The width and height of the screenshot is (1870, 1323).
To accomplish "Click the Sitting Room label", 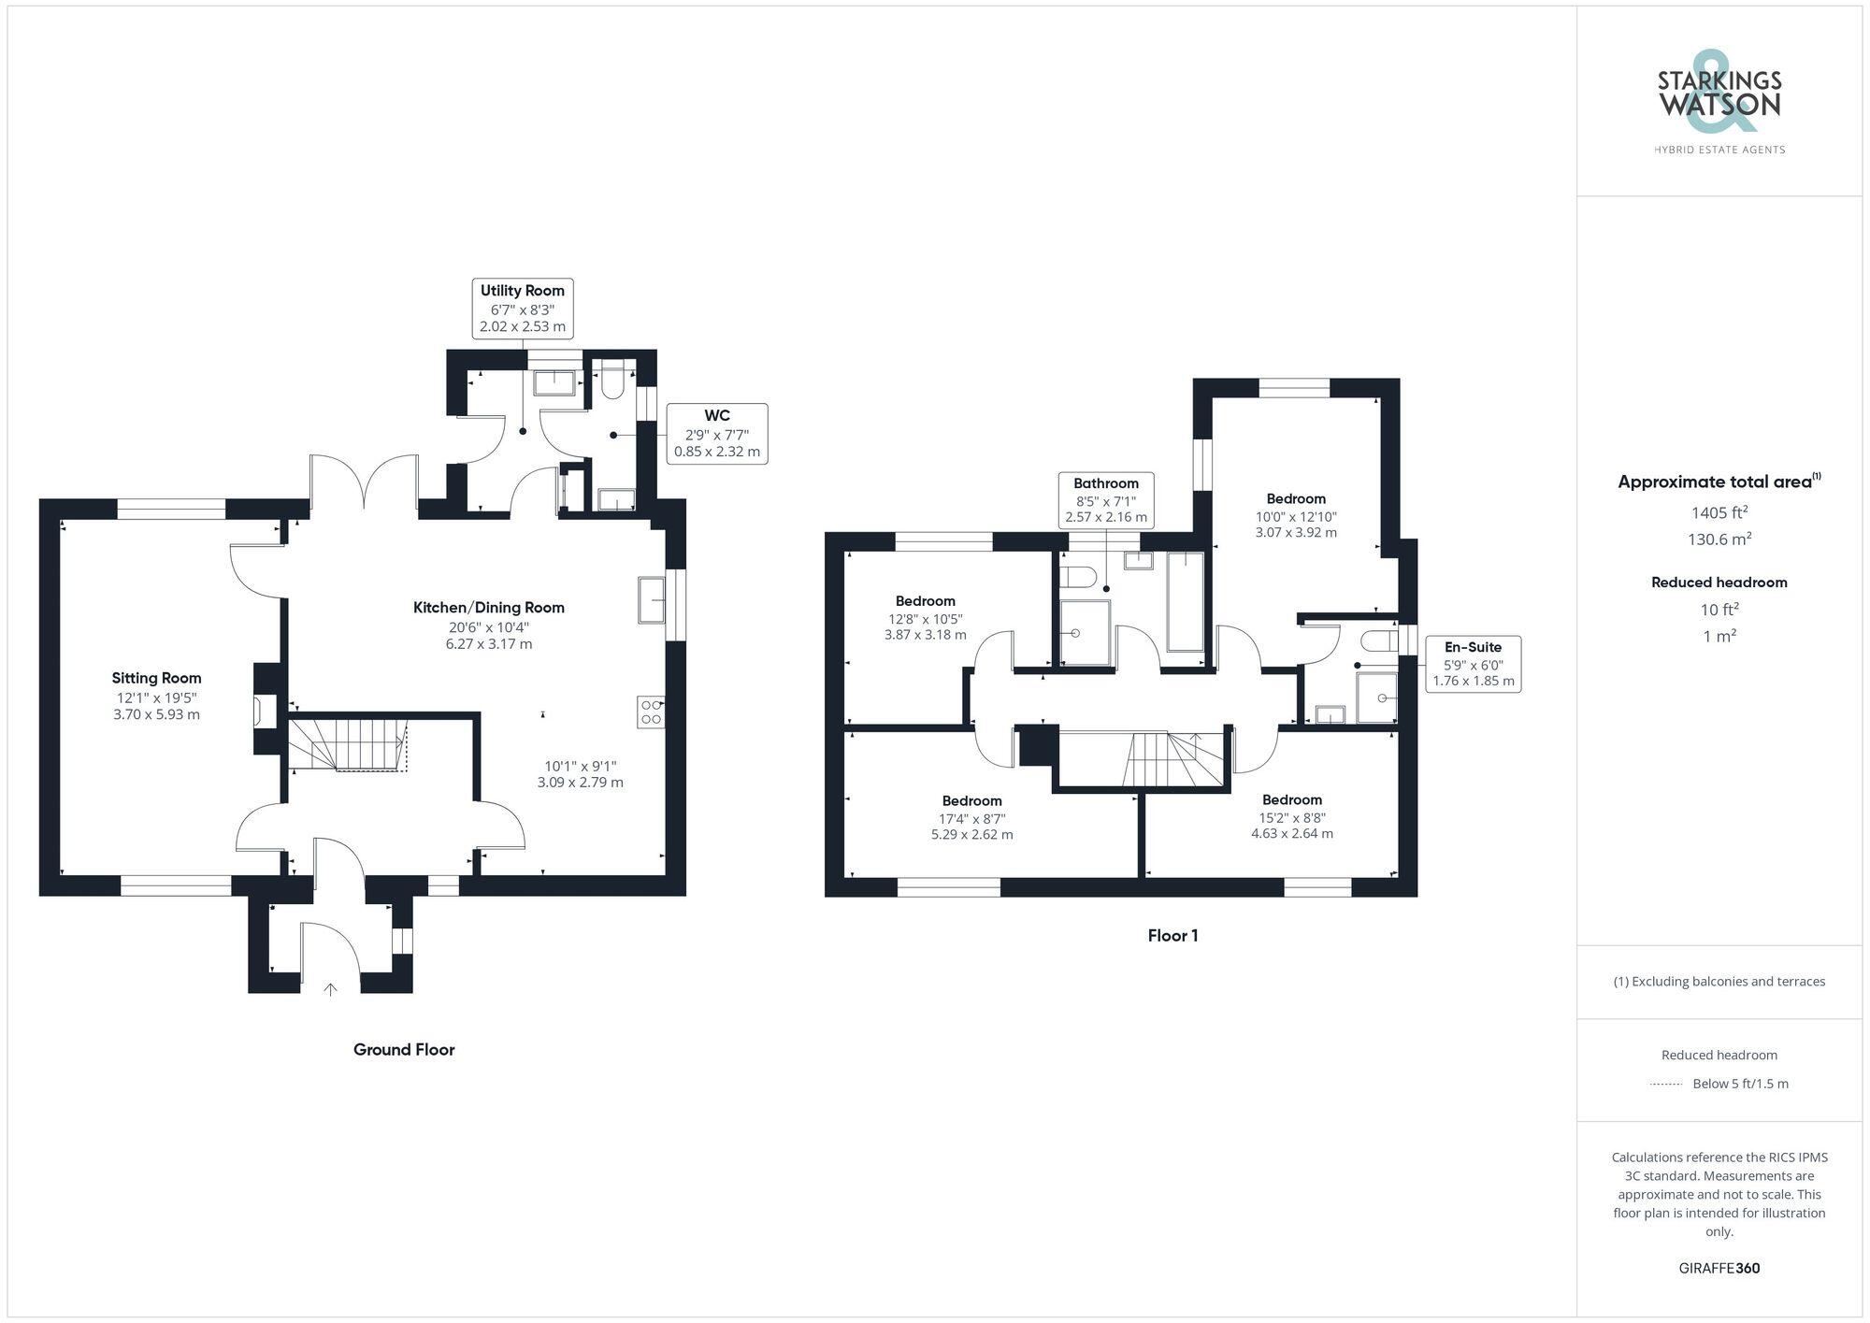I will [x=156, y=678].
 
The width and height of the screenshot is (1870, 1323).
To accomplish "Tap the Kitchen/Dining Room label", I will [x=488, y=608].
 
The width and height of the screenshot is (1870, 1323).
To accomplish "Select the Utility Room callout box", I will [x=522, y=308].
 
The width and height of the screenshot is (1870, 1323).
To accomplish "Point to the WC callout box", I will [x=716, y=434].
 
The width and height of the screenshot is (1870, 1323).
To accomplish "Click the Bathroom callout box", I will [x=1105, y=500].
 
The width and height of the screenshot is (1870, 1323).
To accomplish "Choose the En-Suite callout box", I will [x=1473, y=664].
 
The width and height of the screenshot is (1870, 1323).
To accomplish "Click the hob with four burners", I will [x=651, y=712].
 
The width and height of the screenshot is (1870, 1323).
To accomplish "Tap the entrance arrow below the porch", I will [x=330, y=989].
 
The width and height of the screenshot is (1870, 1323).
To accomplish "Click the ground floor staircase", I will [x=347, y=744].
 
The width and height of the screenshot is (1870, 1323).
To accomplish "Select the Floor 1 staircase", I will [x=1175, y=759].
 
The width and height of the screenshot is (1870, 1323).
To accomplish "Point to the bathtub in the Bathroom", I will [x=1185, y=601].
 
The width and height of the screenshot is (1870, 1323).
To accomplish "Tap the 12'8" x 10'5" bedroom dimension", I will [x=925, y=619].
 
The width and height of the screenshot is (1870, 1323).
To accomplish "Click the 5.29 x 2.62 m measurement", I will [x=971, y=835].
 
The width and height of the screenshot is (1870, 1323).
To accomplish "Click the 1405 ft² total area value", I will [x=1719, y=512].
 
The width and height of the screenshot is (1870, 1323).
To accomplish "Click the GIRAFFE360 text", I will [x=1719, y=1269].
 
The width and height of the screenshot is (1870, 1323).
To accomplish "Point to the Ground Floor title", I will [x=404, y=1050].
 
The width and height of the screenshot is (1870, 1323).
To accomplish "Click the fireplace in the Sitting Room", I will [x=266, y=711].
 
